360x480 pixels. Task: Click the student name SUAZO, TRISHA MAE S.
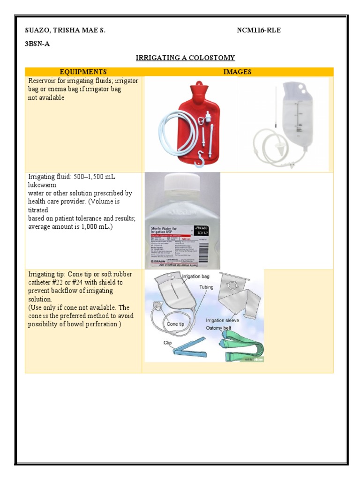(65, 30)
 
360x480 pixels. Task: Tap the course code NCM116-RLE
(259, 30)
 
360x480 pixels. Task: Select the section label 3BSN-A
(37, 44)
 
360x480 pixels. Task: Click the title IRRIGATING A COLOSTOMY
(185, 58)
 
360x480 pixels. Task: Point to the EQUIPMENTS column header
(83, 72)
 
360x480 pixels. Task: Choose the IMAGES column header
(237, 72)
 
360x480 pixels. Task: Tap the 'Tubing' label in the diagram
(206, 287)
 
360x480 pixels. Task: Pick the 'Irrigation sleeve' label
(222, 320)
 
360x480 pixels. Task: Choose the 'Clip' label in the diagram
(168, 343)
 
